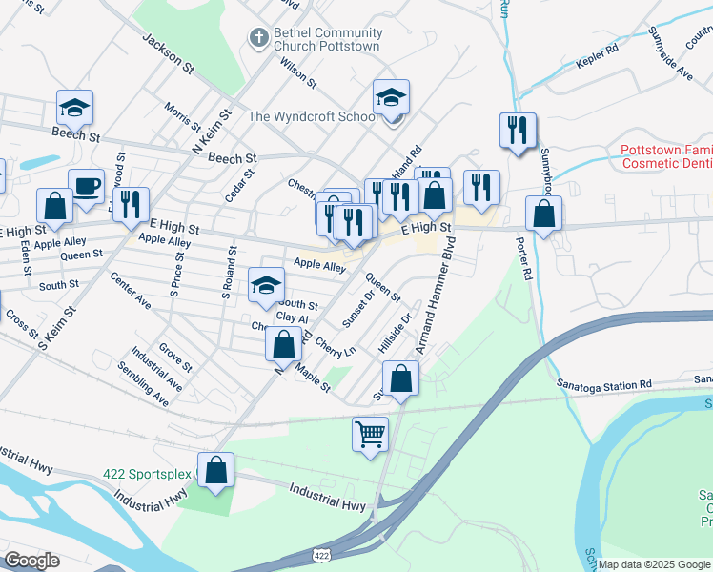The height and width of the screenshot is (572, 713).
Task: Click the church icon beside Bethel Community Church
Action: [256, 37]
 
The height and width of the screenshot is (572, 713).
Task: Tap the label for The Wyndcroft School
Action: [313, 117]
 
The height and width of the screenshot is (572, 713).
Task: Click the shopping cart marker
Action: [371, 435]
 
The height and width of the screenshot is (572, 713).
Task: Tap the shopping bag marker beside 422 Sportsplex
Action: [216, 470]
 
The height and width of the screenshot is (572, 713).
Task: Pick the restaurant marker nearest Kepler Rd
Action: [518, 130]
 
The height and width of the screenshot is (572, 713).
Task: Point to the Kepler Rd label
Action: [598, 64]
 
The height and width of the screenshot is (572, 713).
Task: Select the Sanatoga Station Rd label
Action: [604, 383]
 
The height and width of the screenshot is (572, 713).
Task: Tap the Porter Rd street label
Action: [526, 258]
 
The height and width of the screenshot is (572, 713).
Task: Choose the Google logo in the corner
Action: [32, 561]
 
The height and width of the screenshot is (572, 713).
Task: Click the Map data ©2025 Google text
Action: [654, 564]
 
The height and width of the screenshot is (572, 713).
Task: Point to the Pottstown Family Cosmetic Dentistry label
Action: [665, 156]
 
